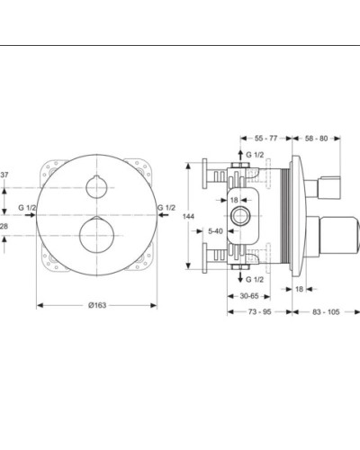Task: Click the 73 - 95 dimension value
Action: pyautogui.click(x=261, y=310)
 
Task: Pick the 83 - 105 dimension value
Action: pyautogui.click(x=327, y=310)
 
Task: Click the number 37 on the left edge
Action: pyautogui.click(x=5, y=175)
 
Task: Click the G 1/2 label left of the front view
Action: pyautogui.click(x=26, y=209)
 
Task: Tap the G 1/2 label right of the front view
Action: pyautogui.click(x=166, y=209)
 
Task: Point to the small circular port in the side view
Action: pyautogui.click(x=241, y=217)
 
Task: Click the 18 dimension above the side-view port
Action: pyautogui.click(x=233, y=200)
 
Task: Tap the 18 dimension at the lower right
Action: pyautogui.click(x=299, y=289)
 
